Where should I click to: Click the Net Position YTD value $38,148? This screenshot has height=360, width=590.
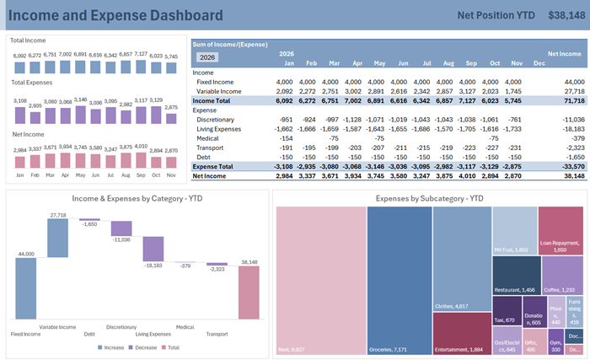point(565,15)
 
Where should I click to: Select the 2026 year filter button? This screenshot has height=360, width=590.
point(207,57)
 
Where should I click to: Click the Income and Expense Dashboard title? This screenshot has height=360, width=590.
point(116,15)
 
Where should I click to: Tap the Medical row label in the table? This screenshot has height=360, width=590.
point(208,137)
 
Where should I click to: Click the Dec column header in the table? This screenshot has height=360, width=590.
point(539,63)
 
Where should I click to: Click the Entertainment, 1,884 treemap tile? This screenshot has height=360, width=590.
point(462,332)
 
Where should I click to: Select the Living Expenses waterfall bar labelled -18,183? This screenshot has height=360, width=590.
point(153,248)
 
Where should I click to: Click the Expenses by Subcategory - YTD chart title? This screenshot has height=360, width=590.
point(430,198)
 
